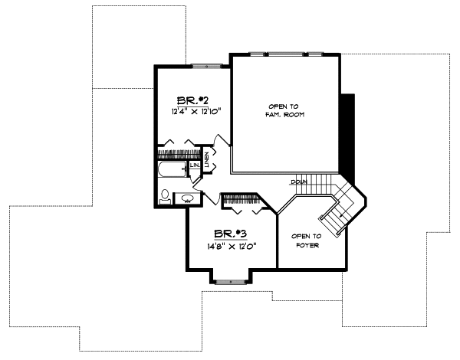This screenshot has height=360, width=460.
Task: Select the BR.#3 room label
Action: [230, 234]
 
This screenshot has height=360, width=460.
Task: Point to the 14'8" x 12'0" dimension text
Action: [230, 246]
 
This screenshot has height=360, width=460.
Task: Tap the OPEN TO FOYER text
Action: [306, 241]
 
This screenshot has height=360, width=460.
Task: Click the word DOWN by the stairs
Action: [299, 182]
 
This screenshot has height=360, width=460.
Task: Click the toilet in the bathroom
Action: [165, 197]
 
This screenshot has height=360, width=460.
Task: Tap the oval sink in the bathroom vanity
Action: [188, 199]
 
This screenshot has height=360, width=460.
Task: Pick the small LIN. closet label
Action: [195, 165]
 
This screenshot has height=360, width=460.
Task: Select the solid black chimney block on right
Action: [349, 133]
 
